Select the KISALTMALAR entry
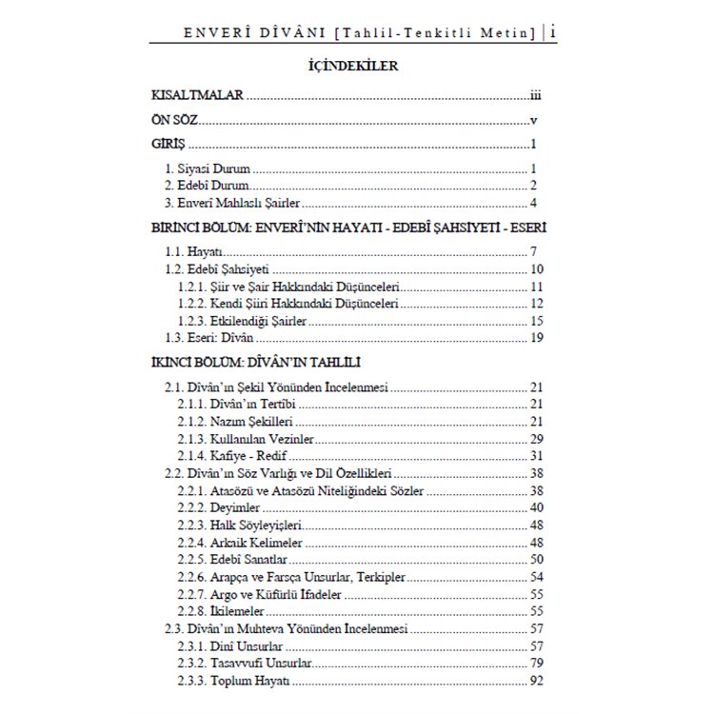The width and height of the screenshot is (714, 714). (x=198, y=96)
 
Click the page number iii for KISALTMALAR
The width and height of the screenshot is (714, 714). (x=536, y=96)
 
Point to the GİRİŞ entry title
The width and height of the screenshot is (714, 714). (x=168, y=146)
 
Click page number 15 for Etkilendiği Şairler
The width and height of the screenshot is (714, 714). (x=536, y=321)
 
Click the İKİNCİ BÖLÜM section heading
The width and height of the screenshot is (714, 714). (x=255, y=365)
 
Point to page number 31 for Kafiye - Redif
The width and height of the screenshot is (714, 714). (x=536, y=455)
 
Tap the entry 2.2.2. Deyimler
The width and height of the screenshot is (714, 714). (x=220, y=507)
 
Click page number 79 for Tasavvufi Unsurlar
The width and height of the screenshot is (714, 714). (x=536, y=662)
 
